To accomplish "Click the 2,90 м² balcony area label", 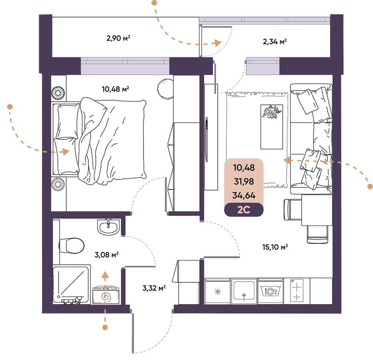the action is (x=118, y=38).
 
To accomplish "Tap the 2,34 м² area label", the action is (x=275, y=42).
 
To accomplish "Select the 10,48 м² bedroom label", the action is (x=115, y=89).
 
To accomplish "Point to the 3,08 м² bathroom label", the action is (x=107, y=255).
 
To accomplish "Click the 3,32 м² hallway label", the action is (x=154, y=288).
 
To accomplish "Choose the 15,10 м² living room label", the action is (x=275, y=247).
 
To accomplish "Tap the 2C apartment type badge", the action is (x=244, y=210).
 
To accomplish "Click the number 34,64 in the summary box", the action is (x=244, y=195).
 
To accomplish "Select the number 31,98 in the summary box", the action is (x=244, y=182).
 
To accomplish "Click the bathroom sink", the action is (x=108, y=227).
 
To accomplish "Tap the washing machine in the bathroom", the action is (x=106, y=295).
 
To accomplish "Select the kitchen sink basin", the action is (x=244, y=291).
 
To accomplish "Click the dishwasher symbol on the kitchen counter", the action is (x=270, y=291).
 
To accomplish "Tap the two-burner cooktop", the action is (x=297, y=291).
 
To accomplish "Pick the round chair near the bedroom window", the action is (x=165, y=89).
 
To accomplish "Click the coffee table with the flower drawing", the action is (x=272, y=127).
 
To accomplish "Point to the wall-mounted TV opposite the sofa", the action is (x=207, y=140).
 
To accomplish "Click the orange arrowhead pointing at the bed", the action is (x=65, y=151).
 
